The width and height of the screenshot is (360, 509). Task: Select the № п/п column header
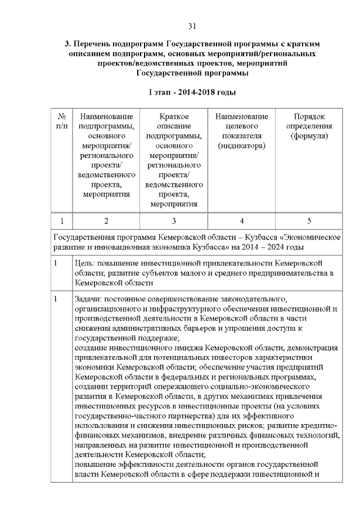click(x=61, y=121)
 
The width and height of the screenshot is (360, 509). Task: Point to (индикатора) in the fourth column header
click(x=241, y=146)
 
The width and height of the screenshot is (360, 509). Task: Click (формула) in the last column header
click(x=309, y=136)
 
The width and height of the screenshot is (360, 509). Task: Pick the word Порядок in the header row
click(x=309, y=116)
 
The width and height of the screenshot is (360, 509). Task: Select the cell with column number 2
click(x=106, y=220)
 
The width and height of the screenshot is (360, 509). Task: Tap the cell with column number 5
click(x=309, y=220)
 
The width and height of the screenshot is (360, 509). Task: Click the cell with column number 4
click(x=241, y=220)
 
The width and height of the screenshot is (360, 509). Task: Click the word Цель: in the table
click(x=85, y=263)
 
